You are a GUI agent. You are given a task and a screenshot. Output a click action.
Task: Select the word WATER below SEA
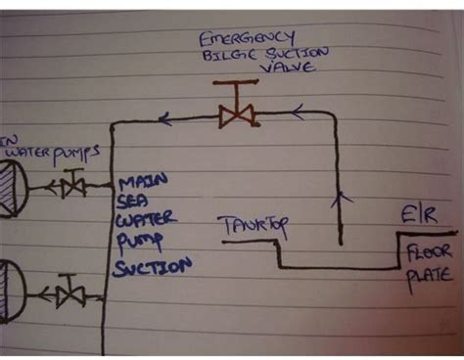pos(143,224)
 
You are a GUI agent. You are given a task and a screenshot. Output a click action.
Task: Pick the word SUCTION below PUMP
pos(150,265)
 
